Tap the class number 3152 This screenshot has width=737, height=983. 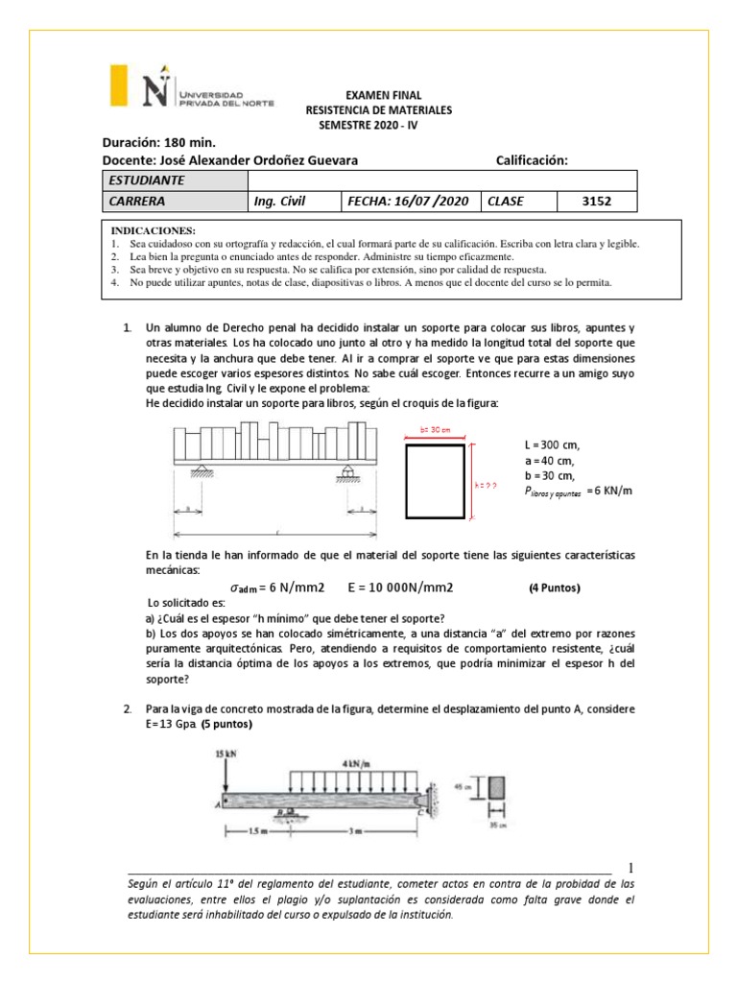[596, 202]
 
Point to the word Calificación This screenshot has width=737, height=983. [532, 160]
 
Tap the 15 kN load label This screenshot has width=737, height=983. [226, 754]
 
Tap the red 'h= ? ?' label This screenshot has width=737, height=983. [486, 486]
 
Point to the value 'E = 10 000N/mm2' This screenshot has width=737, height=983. [400, 587]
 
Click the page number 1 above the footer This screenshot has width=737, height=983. [630, 867]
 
